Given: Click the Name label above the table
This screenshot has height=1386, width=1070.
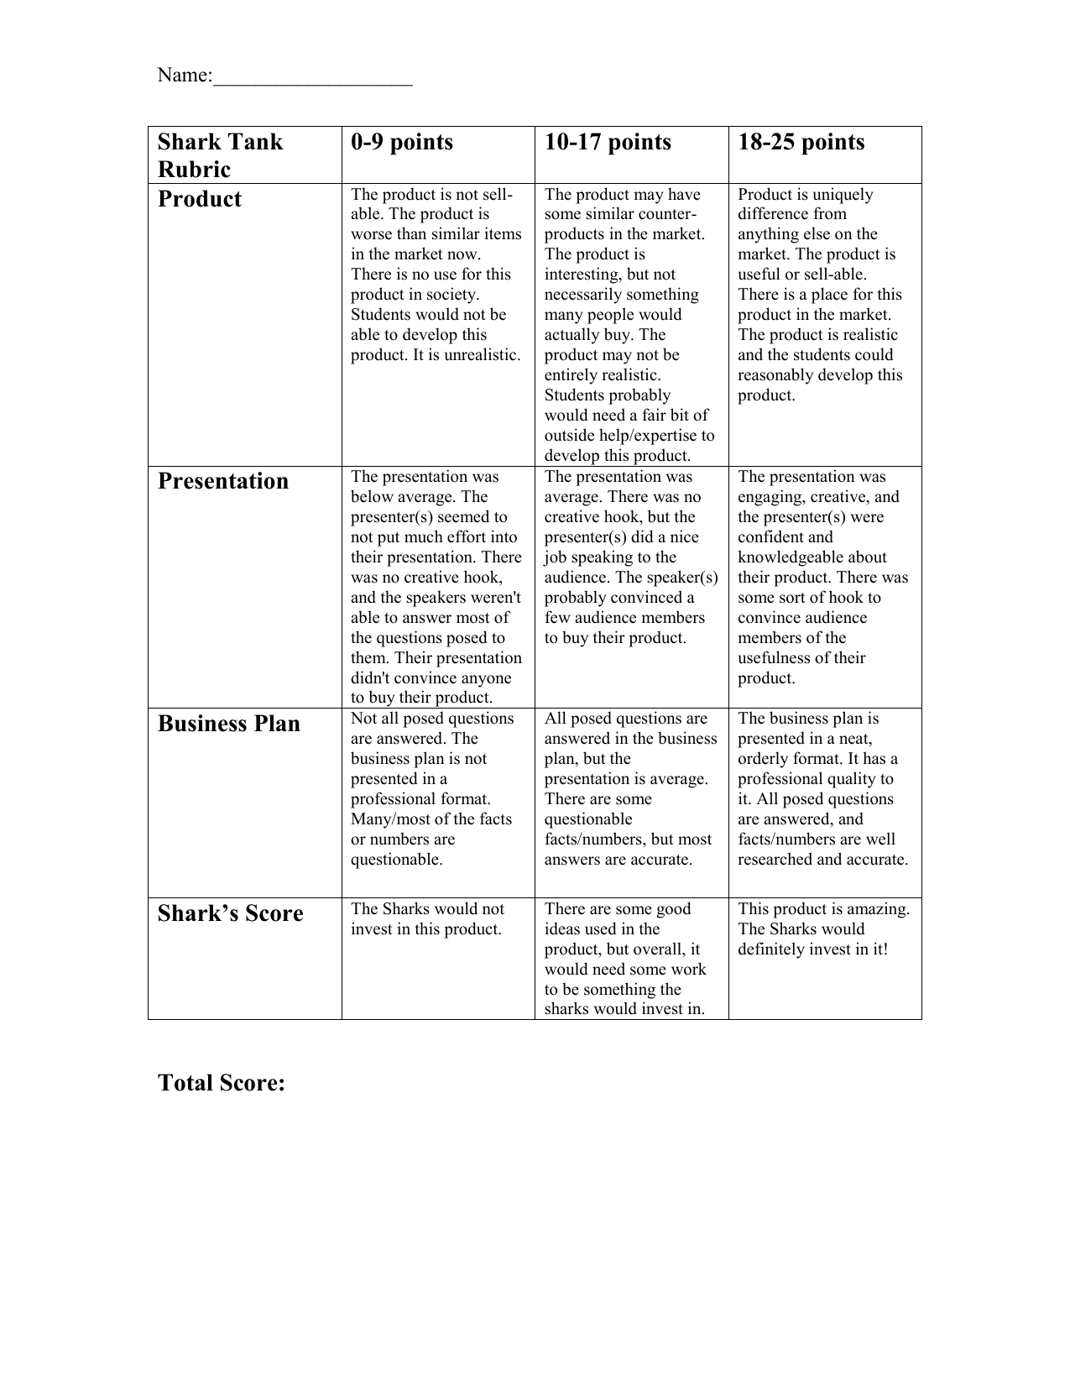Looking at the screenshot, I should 183,76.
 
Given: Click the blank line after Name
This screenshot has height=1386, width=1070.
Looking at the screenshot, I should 312,80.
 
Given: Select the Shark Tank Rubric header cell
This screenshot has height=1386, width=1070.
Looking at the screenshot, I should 220,155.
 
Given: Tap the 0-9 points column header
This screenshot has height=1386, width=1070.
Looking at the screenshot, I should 402,142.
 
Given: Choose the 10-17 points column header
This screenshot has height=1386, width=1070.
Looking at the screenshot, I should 608,142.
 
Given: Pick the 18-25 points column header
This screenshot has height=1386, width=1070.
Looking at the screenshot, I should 801,142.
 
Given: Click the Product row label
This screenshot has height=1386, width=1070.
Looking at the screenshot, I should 200,199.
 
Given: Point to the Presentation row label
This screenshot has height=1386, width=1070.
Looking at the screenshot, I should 223,481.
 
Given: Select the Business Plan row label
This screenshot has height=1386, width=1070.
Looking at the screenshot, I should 228,724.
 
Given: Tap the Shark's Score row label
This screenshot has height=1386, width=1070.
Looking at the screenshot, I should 230,913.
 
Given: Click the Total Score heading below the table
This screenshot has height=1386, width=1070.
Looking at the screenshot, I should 222,1083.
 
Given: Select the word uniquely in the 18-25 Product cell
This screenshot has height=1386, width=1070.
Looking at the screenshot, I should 842,195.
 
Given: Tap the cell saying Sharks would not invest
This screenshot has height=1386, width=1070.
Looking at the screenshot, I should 427,919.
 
